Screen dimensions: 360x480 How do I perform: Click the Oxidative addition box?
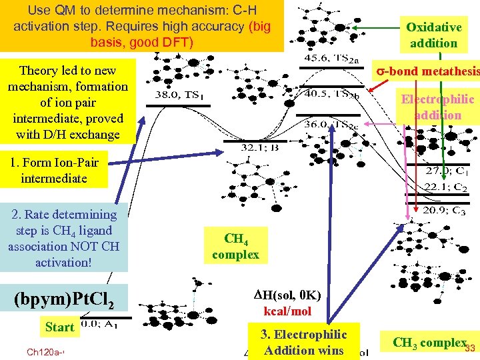433,35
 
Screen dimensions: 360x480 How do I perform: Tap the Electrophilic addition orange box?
437,107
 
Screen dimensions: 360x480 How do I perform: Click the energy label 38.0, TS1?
179,95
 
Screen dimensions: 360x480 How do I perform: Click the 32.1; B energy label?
260,147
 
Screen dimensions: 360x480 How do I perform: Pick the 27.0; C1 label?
448,171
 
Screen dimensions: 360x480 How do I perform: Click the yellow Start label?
60,327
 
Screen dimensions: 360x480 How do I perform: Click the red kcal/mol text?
287,311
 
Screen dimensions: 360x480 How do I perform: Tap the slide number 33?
469,348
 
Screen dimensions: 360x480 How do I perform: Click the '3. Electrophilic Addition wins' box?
303,342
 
